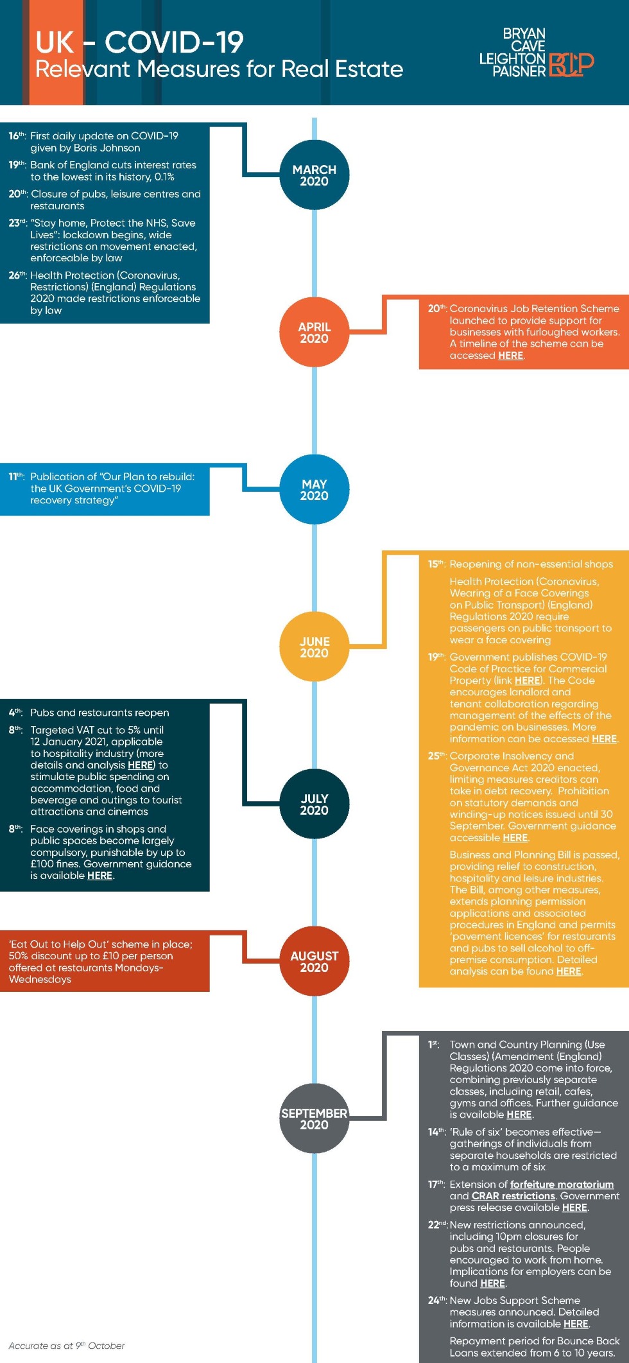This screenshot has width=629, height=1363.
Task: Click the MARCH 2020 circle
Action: [314, 175]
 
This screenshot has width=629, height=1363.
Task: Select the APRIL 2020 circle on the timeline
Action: [314, 332]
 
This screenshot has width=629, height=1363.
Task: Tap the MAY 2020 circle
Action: [314, 489]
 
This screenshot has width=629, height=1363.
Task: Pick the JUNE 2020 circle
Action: [314, 647]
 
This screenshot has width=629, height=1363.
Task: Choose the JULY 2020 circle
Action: [314, 804]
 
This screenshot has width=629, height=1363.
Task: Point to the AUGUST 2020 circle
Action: [314, 961]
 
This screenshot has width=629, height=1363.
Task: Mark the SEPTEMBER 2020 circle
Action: [314, 1118]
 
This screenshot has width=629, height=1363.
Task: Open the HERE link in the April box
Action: [511, 356]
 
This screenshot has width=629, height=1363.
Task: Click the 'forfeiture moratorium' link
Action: [562, 1184]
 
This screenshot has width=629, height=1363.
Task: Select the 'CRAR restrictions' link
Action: [513, 1195]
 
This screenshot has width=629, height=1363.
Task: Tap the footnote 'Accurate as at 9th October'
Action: [67, 1346]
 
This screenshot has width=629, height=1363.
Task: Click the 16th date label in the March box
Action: [17, 135]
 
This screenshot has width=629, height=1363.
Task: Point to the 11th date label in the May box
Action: [17, 476]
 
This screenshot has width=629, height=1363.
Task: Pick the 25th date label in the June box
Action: [437, 756]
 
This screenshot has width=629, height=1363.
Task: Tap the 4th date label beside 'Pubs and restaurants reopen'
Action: [15, 712]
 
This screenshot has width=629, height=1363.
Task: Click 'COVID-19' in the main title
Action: [174, 42]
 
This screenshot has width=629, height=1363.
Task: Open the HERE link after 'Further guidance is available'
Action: [519, 1115]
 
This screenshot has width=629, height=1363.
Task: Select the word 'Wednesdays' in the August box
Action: [40, 979]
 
